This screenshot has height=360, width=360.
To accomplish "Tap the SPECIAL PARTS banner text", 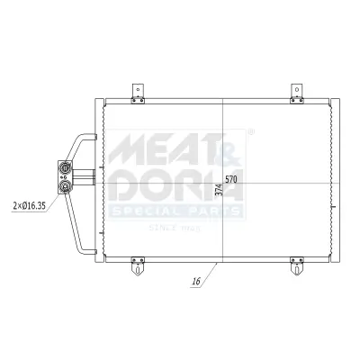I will click(x=175, y=211).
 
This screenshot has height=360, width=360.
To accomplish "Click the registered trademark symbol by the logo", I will click(x=249, y=131).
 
